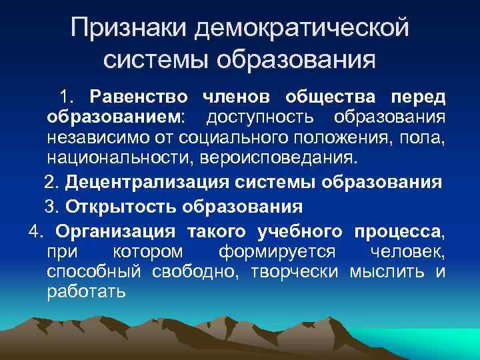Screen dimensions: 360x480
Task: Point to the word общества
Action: [331, 97]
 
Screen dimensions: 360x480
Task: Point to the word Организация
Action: [115, 231]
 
